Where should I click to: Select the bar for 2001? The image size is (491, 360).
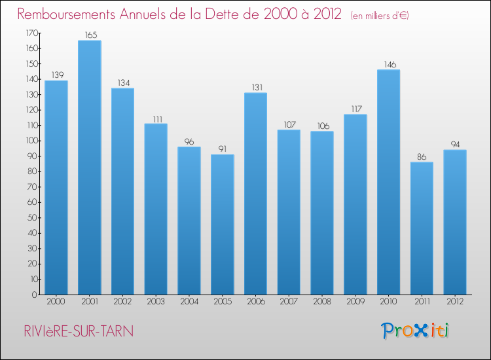click(x=89, y=168)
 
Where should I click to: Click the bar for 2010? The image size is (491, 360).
click(x=388, y=182)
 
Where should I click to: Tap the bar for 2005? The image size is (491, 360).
click(x=222, y=225)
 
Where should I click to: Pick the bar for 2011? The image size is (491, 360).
click(x=422, y=228)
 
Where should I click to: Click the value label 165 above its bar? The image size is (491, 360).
click(x=89, y=34)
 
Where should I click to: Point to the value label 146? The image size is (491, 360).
click(x=388, y=63)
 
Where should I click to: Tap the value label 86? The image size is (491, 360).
click(x=422, y=156)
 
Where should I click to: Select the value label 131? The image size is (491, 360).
click(x=255, y=86)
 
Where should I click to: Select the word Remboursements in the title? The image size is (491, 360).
click(x=73, y=14)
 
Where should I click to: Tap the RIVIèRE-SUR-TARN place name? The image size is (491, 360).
click(x=75, y=331)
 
